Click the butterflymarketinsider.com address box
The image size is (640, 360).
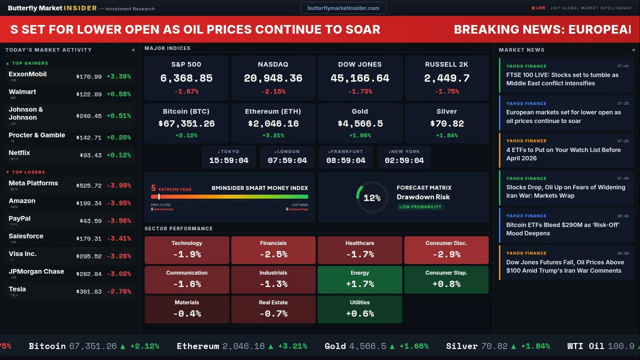tap(343, 8)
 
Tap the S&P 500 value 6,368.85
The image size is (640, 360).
tap(186, 78)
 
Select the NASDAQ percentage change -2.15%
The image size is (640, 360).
tap(273, 91)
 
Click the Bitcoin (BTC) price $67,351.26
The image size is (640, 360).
tap(186, 123)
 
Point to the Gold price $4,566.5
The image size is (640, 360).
tap(360, 123)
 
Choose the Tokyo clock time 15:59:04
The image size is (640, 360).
tap(228, 160)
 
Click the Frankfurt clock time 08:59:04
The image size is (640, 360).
tap(345, 160)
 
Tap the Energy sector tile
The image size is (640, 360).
tap(360, 279)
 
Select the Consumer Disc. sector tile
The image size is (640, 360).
tap(446, 250)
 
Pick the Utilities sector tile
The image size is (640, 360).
tap(360, 309)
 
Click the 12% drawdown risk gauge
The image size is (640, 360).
tap(371, 198)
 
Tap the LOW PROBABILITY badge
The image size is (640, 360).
tap(420, 207)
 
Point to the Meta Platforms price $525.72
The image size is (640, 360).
tap(89, 186)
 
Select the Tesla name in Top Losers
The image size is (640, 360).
tap(17, 289)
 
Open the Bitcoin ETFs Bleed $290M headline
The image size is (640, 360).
tap(562, 229)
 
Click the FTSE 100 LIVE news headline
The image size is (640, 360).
tap(562, 79)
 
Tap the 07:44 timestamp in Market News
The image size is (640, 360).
tap(622, 66)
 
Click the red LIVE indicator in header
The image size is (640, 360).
tap(538, 8)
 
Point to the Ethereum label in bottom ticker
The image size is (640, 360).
tap(198, 346)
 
